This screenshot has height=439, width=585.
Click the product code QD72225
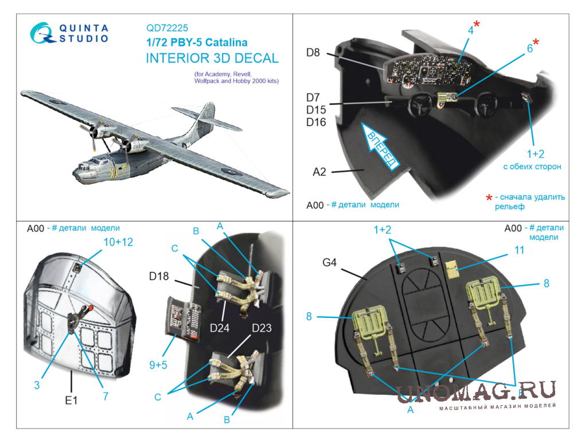[167, 28]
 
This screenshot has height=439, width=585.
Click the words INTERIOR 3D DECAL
[212, 58]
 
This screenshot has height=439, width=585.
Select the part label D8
[313, 53]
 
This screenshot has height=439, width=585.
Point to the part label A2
[319, 172]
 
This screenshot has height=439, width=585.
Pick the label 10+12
[118, 242]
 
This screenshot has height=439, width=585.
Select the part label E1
[71, 400]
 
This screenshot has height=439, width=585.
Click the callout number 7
[106, 396]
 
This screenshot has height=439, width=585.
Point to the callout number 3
[37, 385]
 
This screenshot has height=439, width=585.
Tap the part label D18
[159, 276]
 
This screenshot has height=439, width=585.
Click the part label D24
[219, 328]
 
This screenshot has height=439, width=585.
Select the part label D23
[262, 328]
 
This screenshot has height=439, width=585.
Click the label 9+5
[158, 365]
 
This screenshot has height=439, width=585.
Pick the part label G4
[329, 262]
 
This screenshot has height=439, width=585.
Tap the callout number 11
[520, 250]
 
